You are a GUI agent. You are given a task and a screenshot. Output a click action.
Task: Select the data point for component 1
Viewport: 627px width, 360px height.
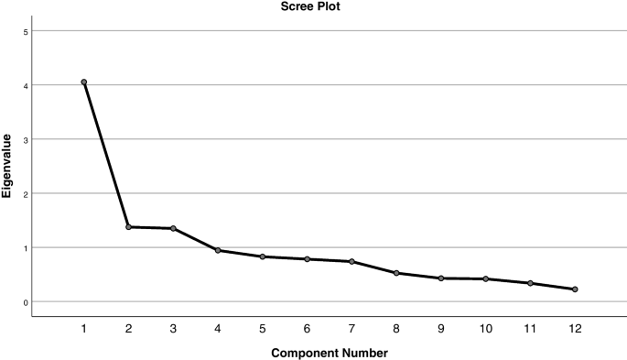(x=83, y=82)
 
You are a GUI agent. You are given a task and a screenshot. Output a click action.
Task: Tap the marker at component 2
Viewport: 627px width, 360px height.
(x=128, y=227)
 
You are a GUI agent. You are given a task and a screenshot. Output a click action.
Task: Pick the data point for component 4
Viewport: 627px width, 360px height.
(x=218, y=250)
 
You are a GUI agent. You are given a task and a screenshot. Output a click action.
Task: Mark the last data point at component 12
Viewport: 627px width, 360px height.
(x=575, y=289)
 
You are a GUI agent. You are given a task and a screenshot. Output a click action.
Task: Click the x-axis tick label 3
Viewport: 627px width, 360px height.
(x=173, y=328)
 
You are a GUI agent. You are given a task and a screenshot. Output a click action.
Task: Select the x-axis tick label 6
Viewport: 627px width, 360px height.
(x=307, y=328)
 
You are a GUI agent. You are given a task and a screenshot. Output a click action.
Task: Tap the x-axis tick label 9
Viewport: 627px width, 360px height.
(x=441, y=328)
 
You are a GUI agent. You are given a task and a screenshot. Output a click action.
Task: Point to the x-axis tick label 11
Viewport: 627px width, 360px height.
(x=530, y=328)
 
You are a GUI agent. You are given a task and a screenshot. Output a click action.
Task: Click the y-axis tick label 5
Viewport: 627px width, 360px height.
(x=26, y=32)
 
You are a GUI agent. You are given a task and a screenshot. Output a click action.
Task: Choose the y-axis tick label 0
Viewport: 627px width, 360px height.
(x=26, y=302)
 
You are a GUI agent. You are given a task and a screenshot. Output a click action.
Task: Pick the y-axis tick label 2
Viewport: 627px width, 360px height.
(x=26, y=194)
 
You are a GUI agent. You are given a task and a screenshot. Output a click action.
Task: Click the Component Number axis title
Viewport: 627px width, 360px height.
(x=329, y=352)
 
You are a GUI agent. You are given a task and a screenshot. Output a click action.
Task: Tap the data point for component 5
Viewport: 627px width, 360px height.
(x=262, y=256)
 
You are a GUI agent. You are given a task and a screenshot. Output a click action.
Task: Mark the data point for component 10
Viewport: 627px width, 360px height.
(x=485, y=278)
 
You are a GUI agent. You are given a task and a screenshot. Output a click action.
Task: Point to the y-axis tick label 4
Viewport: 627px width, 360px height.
(x=26, y=86)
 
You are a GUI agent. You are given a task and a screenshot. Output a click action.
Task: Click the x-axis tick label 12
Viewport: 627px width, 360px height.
(x=575, y=328)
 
